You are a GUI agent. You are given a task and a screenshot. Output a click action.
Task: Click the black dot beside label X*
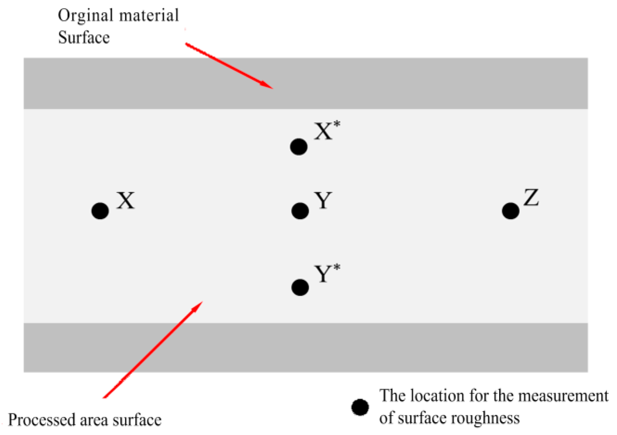[x=299, y=147]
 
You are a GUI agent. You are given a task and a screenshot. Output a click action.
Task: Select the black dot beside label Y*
[x=300, y=287]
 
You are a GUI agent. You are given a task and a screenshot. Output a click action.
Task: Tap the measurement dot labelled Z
[x=511, y=210]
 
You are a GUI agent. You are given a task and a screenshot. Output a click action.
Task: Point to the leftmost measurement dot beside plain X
[x=100, y=211]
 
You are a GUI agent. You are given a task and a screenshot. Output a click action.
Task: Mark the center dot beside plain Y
[x=300, y=210]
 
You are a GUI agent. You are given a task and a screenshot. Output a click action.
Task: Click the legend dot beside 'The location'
[x=360, y=407]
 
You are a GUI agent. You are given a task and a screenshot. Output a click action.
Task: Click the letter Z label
[x=531, y=198]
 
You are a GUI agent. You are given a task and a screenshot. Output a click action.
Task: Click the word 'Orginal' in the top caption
[x=86, y=16]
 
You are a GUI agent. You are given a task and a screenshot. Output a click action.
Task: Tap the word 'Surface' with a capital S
[x=84, y=38]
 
